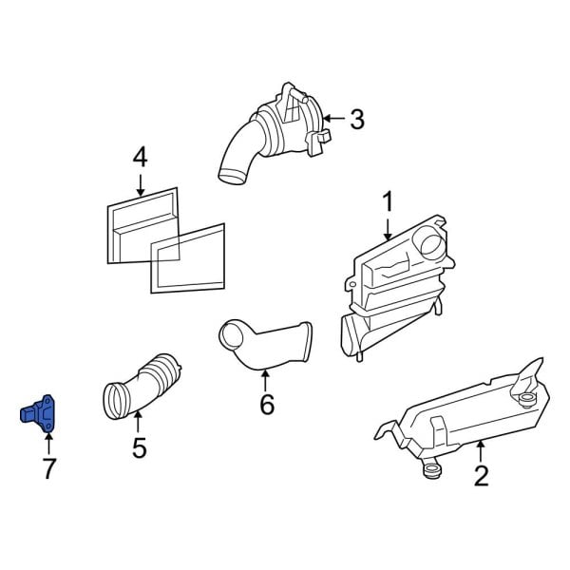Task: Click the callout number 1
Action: point(388,201)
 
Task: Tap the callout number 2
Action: point(482,476)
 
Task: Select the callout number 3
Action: point(357,120)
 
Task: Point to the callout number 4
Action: point(141,158)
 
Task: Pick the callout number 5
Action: point(140,447)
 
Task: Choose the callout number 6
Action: point(267,405)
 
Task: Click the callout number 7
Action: point(48,468)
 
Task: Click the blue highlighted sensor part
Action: point(38,414)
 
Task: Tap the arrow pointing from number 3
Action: point(333,118)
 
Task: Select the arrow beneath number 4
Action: point(141,185)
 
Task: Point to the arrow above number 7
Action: point(48,443)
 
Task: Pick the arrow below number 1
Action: point(388,229)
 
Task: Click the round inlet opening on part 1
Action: point(432,244)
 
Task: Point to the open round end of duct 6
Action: point(232,333)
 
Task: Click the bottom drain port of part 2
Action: point(431,469)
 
